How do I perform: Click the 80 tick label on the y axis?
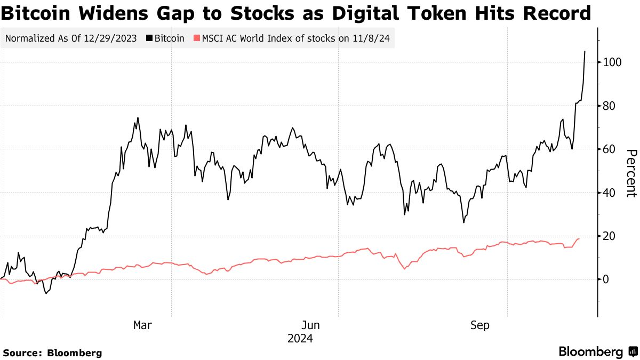[x=610, y=106]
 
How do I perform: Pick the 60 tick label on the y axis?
[x=610, y=149]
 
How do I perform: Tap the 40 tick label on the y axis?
[x=610, y=193]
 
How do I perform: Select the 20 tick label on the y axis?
[x=610, y=236]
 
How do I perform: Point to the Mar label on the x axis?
[x=142, y=325]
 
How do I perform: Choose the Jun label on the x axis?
[x=311, y=325]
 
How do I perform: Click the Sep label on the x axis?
[x=479, y=325]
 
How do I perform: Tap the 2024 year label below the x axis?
[x=300, y=339]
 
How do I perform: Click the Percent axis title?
[x=631, y=173]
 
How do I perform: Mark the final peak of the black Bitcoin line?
[x=585, y=52]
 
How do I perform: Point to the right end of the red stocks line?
[x=579, y=239]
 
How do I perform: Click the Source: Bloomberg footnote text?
[x=52, y=353]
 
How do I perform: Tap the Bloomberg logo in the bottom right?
[x=597, y=352]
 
